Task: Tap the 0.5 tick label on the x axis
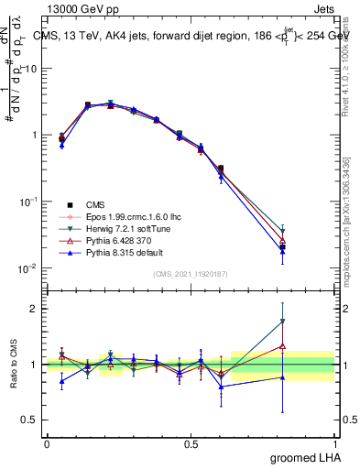click(191, 442)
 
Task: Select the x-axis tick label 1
click(335, 442)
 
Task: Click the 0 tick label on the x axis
click(47, 442)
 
